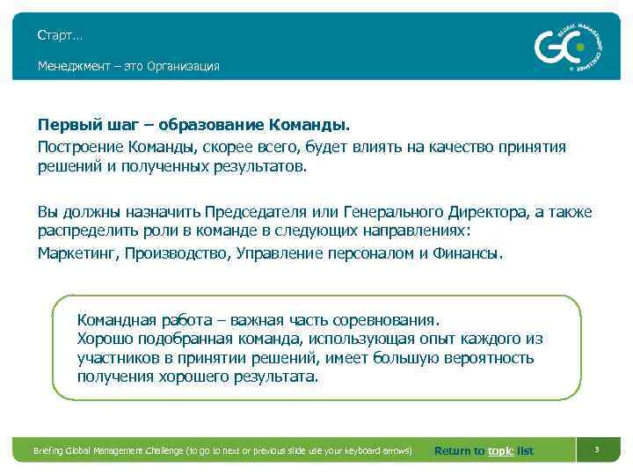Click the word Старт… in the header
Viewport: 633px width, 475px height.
pos(60,36)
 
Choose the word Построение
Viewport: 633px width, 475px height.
pos(77,146)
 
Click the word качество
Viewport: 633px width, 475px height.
pos(462,146)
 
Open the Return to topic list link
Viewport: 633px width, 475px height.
pos(484,451)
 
